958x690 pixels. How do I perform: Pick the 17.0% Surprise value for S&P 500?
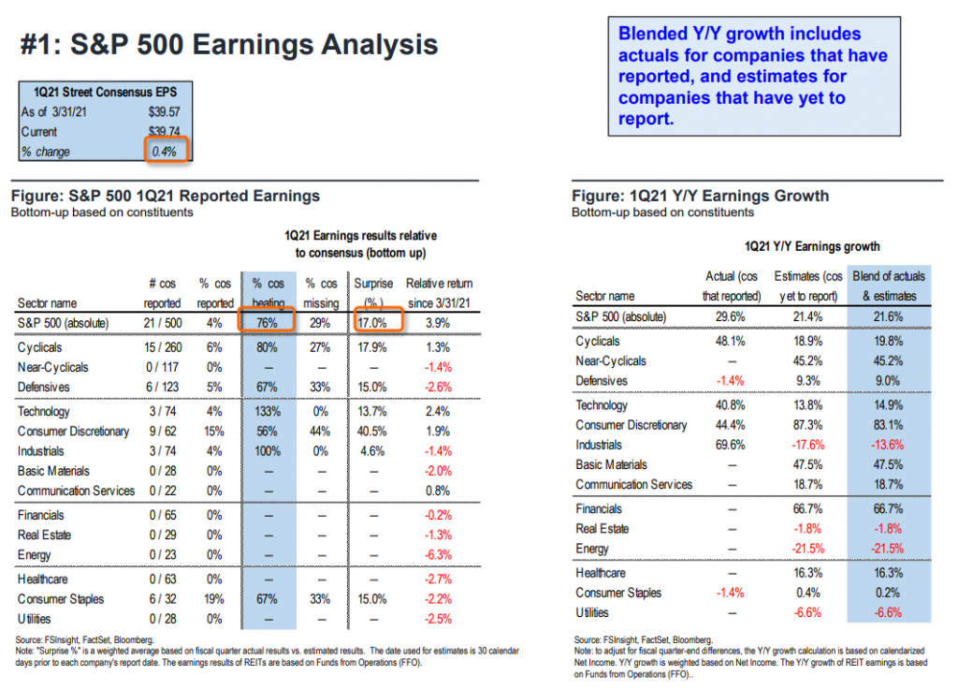click(371, 322)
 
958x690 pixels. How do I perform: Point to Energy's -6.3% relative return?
click(438, 554)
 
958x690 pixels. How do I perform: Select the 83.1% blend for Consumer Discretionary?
click(883, 425)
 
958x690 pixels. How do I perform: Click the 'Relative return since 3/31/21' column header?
click(439, 292)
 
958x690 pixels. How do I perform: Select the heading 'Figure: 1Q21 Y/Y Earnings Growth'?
click(700, 197)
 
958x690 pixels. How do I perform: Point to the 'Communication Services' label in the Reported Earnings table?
click(76, 491)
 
